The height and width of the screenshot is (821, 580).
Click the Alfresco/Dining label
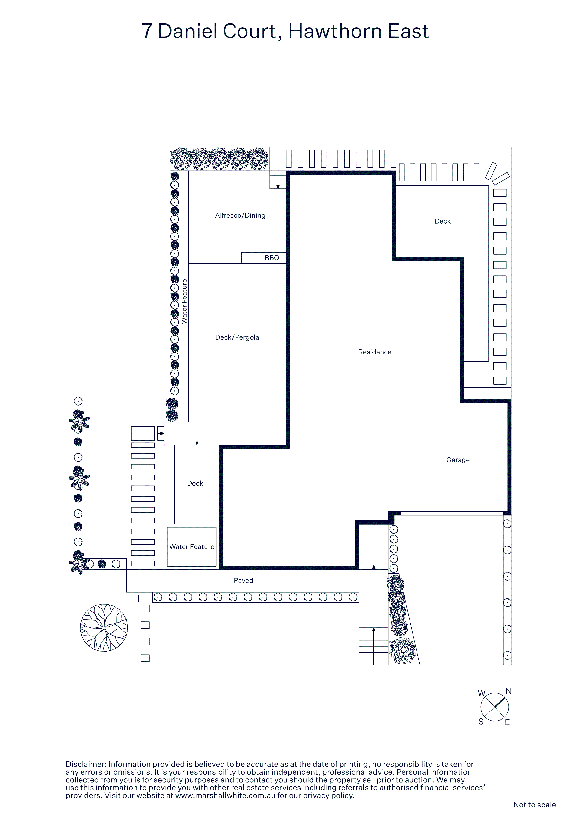pos(240,215)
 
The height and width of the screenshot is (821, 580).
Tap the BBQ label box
pos(272,257)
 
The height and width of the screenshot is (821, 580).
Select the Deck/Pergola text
pos(237,337)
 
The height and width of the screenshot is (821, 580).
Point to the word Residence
pos(374,352)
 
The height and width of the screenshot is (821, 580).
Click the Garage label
pos(458,460)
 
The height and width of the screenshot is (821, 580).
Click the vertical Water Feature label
pos(184,301)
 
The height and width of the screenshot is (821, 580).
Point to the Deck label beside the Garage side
pos(442,221)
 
